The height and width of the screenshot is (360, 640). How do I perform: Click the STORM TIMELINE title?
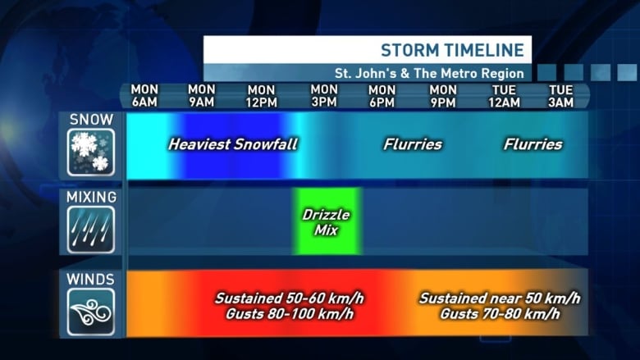[452, 50]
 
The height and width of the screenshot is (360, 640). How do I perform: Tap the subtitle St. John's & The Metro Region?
[429, 73]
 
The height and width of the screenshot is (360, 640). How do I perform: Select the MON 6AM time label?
[144, 96]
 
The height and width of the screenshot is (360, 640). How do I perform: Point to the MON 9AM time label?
[202, 96]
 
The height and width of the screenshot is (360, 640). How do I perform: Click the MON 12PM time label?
[261, 96]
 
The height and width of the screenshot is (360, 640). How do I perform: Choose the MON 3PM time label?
[324, 96]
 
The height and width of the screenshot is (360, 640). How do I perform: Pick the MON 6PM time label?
[382, 96]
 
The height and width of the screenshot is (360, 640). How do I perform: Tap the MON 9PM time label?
[443, 96]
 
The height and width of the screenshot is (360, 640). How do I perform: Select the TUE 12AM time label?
[505, 96]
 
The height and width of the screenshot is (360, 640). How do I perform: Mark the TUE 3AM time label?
[560, 96]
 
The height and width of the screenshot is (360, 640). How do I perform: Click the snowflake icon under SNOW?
[90, 152]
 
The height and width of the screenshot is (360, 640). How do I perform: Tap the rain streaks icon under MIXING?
[90, 230]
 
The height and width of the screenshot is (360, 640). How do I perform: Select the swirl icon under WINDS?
[90, 312]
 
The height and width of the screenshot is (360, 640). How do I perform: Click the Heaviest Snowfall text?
[233, 144]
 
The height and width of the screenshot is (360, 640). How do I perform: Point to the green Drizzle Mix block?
[327, 221]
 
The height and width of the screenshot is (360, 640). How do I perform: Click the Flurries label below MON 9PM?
[413, 144]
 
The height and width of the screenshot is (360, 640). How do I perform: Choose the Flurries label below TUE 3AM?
[533, 144]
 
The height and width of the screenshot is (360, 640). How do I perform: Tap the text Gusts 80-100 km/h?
[290, 314]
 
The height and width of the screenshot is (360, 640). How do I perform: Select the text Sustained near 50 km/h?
[500, 298]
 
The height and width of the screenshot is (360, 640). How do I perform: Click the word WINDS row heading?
[90, 280]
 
